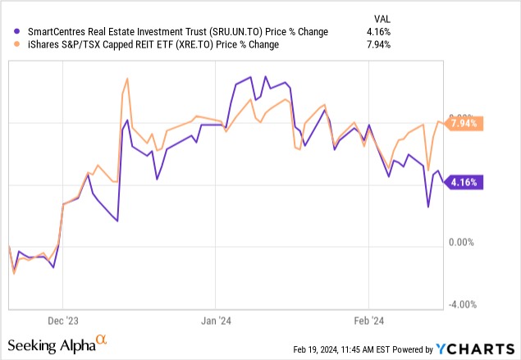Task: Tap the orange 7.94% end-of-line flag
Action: pos(467,124)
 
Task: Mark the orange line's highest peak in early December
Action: pos(126,79)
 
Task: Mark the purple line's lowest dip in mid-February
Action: pos(428,207)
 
